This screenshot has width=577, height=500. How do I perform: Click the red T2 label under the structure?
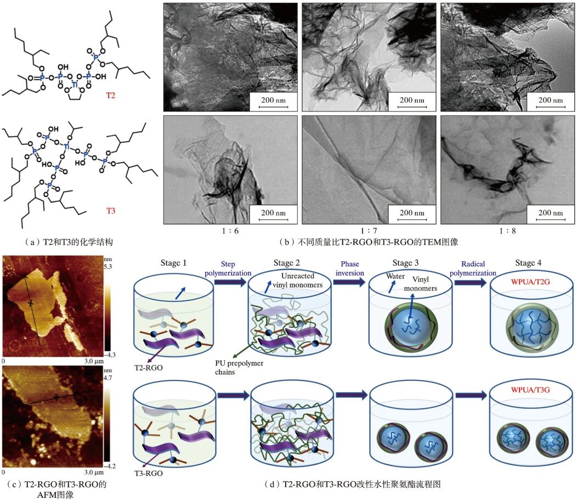pos(111,95)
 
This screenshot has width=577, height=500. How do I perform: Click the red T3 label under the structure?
pos(111,211)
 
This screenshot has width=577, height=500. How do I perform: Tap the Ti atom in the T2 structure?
pos(75,85)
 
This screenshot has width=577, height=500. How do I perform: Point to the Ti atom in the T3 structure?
pos(66,147)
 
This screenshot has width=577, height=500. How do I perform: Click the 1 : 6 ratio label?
pos(230,231)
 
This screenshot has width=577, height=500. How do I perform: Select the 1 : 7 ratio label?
pos(369,231)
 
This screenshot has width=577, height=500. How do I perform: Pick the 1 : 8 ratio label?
pos(507,231)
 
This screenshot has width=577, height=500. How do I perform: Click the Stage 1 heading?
pos(173,263)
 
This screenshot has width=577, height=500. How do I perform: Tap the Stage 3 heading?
pos(405,263)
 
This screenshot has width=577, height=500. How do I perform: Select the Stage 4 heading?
pos(528,263)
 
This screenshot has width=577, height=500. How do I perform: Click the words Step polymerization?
pos(228,268)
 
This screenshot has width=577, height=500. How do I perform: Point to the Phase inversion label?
pos(349,268)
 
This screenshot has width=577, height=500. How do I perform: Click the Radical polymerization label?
pos(473,268)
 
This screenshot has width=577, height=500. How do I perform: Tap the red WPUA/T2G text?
pos(530,282)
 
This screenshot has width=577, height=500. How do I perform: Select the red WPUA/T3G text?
pos(530,390)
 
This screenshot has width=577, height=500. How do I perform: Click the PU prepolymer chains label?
pos(239,367)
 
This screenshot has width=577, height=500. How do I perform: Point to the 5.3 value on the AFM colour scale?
pos(108,267)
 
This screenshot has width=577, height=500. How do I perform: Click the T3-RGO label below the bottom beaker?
pos(148,473)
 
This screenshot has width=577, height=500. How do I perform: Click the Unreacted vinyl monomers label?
pos(297,280)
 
